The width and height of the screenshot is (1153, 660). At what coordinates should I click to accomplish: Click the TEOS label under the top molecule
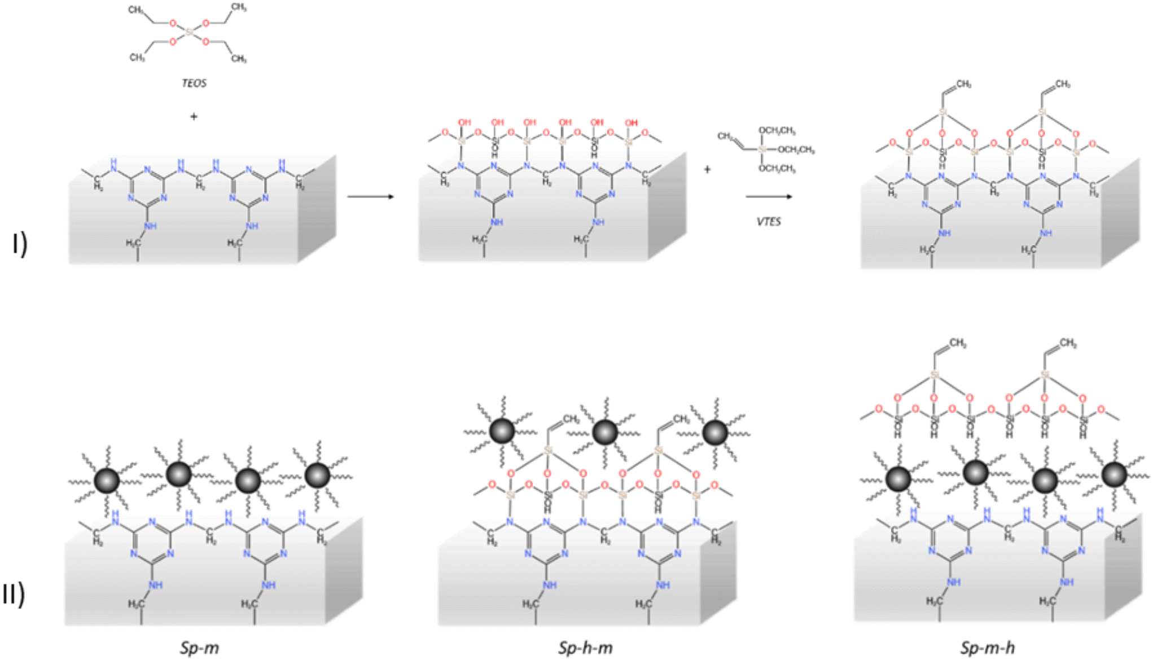coord(194,83)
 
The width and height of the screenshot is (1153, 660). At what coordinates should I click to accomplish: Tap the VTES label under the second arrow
coord(769,222)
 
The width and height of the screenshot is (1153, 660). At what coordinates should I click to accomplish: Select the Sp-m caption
coord(199,648)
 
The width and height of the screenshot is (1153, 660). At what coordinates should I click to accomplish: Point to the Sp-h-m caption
coord(585,648)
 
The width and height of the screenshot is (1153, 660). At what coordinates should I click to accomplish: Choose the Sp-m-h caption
coord(987,648)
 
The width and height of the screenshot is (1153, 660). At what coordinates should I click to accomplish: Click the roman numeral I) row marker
coord(20,244)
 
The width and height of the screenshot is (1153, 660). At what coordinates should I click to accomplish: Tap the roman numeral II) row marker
coord(14,594)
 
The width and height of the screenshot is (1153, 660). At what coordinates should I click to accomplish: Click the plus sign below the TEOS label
coord(194,117)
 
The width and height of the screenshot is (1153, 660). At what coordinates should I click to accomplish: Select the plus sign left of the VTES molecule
coord(707,169)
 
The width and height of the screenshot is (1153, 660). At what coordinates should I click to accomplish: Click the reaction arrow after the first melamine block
coord(370,196)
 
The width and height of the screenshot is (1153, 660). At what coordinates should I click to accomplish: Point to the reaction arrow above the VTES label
coord(769,196)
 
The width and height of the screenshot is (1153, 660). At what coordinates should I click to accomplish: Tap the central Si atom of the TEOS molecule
coord(189,33)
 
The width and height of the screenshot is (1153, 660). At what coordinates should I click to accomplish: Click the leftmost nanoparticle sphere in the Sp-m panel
coord(107,480)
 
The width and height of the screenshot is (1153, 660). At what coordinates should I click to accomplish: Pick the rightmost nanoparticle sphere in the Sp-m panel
coord(317,476)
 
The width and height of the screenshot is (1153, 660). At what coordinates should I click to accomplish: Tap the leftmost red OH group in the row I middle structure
coord(464,122)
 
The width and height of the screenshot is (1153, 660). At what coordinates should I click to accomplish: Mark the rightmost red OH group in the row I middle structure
coord(631,122)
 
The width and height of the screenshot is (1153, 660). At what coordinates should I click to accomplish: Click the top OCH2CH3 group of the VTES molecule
coord(777,131)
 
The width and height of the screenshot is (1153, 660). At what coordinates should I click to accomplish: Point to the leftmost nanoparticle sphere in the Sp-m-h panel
coord(898,479)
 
